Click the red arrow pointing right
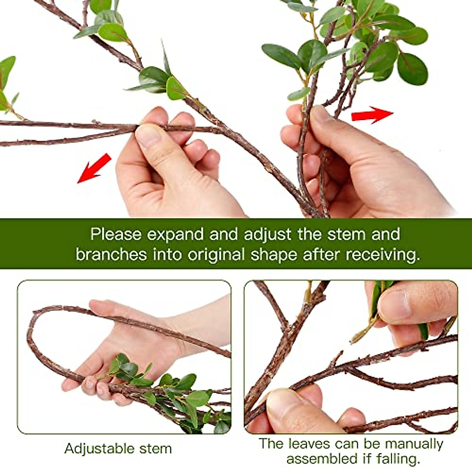click(372, 115)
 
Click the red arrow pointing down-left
click(94, 168)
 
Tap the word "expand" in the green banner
click(176, 234)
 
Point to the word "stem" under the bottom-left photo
click(156, 448)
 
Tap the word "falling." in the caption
click(398, 459)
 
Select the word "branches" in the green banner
click(111, 254)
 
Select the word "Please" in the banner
click(116, 234)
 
